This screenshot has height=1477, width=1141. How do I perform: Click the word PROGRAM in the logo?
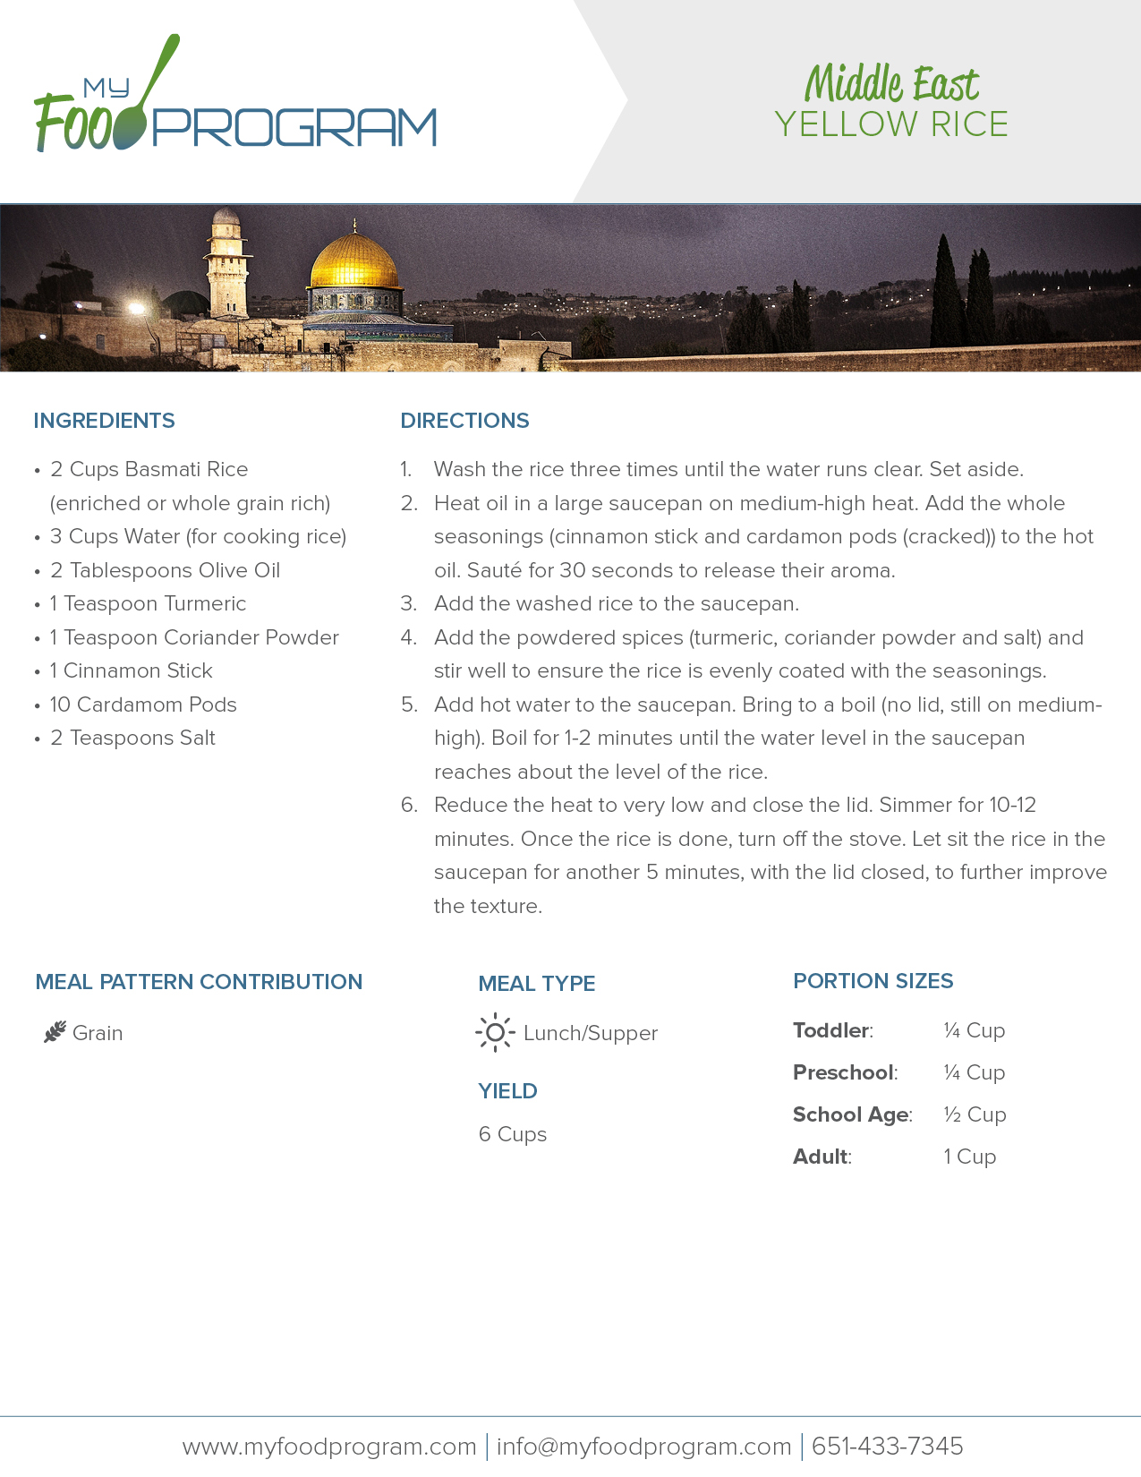click(294, 127)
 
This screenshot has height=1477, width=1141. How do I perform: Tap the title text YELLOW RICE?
click(891, 124)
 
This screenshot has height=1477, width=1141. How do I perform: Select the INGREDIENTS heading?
click(104, 421)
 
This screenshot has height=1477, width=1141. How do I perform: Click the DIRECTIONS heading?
click(464, 421)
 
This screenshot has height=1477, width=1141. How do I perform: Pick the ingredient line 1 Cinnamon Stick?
click(131, 670)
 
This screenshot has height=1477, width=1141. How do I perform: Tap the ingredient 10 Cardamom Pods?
click(143, 704)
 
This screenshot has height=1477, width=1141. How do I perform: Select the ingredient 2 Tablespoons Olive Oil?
click(165, 570)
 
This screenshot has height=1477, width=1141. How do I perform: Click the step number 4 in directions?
click(408, 637)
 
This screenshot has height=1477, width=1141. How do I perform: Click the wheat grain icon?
click(55, 1032)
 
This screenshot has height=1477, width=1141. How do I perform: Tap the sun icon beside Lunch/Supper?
click(495, 1032)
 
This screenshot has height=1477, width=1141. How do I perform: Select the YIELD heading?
click(507, 1091)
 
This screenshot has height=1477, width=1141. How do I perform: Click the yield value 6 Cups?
click(512, 1134)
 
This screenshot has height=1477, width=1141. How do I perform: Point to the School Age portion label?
click(851, 1114)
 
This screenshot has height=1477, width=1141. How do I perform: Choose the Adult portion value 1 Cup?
click(969, 1157)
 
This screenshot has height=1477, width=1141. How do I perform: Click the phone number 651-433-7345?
click(887, 1447)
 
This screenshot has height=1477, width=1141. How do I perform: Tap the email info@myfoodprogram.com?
click(643, 1447)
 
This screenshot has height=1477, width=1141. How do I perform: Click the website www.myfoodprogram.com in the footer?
click(329, 1447)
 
